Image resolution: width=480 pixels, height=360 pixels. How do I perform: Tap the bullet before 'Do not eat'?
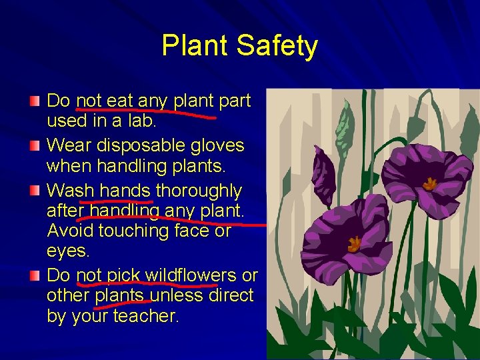tap(34, 101)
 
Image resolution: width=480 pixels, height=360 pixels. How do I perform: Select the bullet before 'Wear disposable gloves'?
tap(34, 145)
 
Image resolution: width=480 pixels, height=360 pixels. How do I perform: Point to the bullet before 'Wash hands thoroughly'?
tap(34, 191)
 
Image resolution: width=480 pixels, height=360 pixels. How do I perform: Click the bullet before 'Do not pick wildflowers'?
tap(34, 275)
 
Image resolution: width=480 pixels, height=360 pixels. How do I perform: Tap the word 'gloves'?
tap(218, 145)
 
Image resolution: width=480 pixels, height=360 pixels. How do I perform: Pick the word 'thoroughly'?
tap(199, 191)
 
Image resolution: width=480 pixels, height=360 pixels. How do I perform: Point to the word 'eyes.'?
tap(68, 252)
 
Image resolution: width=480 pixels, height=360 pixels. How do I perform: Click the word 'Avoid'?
tap(70, 231)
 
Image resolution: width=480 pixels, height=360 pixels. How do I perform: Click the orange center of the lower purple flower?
tap(354, 244)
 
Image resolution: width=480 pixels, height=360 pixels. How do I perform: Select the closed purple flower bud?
tap(324, 175)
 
